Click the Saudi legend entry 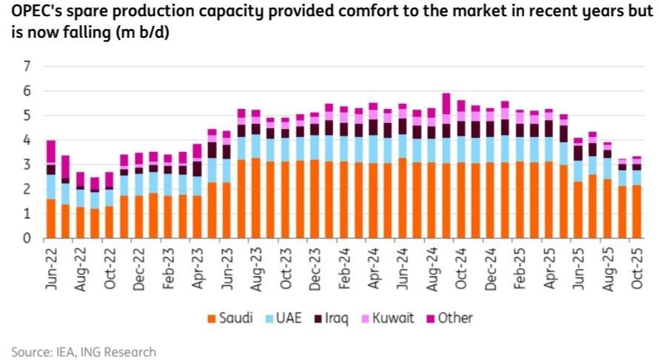235,319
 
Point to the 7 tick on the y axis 27,67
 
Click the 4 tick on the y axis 27,140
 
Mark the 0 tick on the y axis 27,239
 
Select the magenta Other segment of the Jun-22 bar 51,152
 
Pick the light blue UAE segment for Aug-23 255,146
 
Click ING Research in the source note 126,351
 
